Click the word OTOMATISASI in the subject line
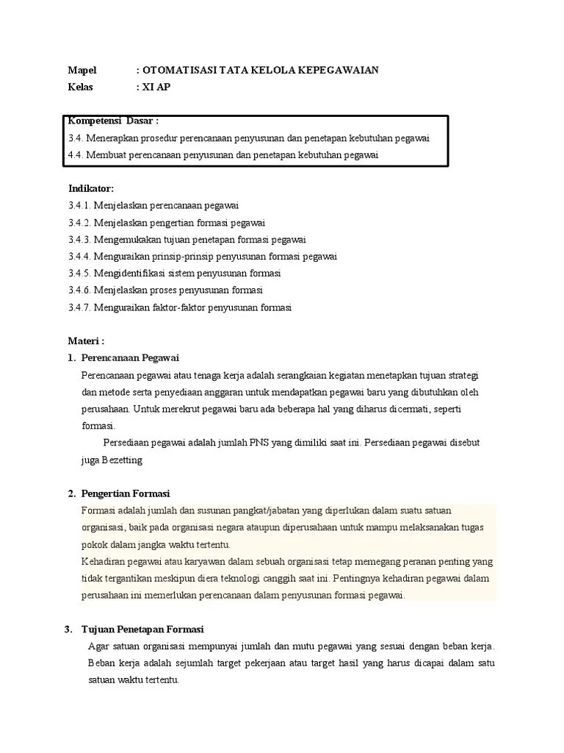pos(174,70)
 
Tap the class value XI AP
pos(156,87)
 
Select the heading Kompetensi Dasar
pos(113,121)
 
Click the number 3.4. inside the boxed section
pos(76,138)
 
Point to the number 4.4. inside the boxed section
pos(76,154)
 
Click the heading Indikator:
pos(91,188)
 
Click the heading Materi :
pos(87,341)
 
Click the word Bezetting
pos(121,460)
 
